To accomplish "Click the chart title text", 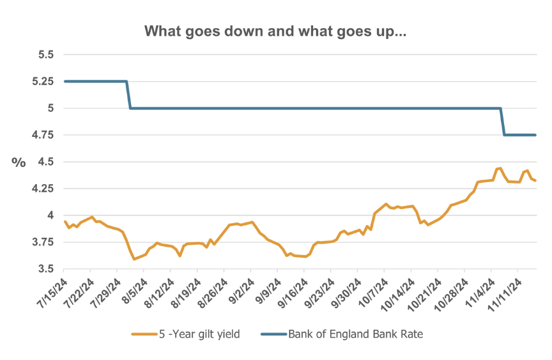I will tap(275, 31).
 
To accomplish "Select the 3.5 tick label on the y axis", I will tap(44, 269).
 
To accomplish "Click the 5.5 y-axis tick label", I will tap(44, 54).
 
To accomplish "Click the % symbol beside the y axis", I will tap(18, 162).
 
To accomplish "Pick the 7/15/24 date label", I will tap(54, 289).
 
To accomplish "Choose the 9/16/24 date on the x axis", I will tap(293, 289).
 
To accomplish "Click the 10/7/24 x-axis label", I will tap(374, 289).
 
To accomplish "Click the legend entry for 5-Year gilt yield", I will tap(191, 334).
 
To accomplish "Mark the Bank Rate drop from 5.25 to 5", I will tap(128, 95).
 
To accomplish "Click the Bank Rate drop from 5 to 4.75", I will tap(502, 121).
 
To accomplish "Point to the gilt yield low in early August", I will tap(134, 259).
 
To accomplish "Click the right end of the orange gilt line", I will tap(535, 181).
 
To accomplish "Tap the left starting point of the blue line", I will tap(65, 81).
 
